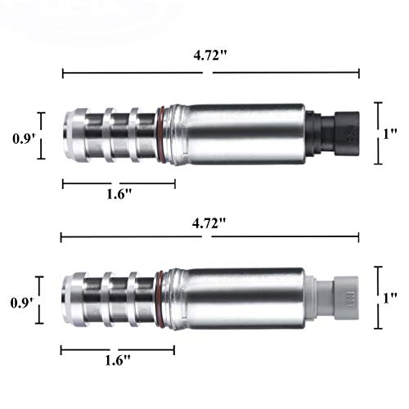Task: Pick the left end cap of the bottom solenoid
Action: pyautogui.click(x=71, y=295)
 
